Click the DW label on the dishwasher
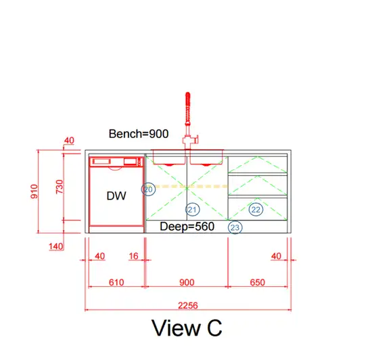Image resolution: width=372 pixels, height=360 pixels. [116, 196]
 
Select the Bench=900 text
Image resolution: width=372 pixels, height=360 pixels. [139, 134]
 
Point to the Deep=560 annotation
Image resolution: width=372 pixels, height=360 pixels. [187, 227]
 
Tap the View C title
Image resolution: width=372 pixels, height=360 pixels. [187, 328]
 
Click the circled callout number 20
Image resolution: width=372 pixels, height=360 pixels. [148, 189]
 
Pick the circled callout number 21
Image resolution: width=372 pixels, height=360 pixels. [192, 210]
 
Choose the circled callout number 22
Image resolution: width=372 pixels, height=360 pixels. [256, 210]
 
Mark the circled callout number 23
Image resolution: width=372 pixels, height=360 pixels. [235, 227]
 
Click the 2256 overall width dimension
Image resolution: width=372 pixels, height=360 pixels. [188, 305]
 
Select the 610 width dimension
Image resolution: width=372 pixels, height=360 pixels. [116, 282]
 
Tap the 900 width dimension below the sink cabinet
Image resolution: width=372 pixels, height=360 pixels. [187, 282]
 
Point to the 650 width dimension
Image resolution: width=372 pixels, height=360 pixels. [258, 282]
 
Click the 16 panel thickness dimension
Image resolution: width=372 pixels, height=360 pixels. [133, 256]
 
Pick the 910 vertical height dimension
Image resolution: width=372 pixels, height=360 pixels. [34, 192]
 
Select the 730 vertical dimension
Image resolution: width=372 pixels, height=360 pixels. [60, 187]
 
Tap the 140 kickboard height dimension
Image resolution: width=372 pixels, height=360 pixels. [56, 246]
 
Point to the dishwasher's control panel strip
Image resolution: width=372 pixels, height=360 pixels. [116, 162]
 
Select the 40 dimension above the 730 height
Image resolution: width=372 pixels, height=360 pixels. [69, 140]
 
